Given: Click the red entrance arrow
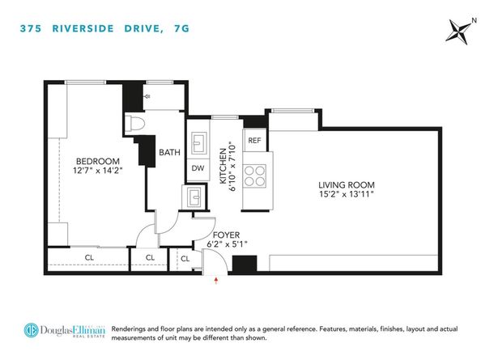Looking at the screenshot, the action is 216,281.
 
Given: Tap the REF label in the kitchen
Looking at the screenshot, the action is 254,140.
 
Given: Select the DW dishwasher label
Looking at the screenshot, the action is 198,168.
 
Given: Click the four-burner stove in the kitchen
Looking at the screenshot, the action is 254,176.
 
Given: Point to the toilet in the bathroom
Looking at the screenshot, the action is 134,123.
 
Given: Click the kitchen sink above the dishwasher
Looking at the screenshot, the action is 198,142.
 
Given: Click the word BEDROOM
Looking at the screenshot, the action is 98,161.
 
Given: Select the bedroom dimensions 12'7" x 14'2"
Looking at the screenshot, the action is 98,171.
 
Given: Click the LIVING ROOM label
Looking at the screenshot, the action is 347,185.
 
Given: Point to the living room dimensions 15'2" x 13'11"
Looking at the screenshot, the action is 347,194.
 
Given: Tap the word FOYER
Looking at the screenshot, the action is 226,235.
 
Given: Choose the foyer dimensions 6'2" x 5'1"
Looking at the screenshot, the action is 227,244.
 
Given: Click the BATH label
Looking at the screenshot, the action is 169,152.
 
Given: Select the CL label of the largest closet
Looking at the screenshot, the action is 89,258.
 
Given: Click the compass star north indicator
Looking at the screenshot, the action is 459,32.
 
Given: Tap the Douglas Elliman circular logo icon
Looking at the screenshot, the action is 32,330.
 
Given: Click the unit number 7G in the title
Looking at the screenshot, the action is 181,28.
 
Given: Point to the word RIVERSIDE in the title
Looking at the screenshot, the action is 83,28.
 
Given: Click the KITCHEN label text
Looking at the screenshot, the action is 223,166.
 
